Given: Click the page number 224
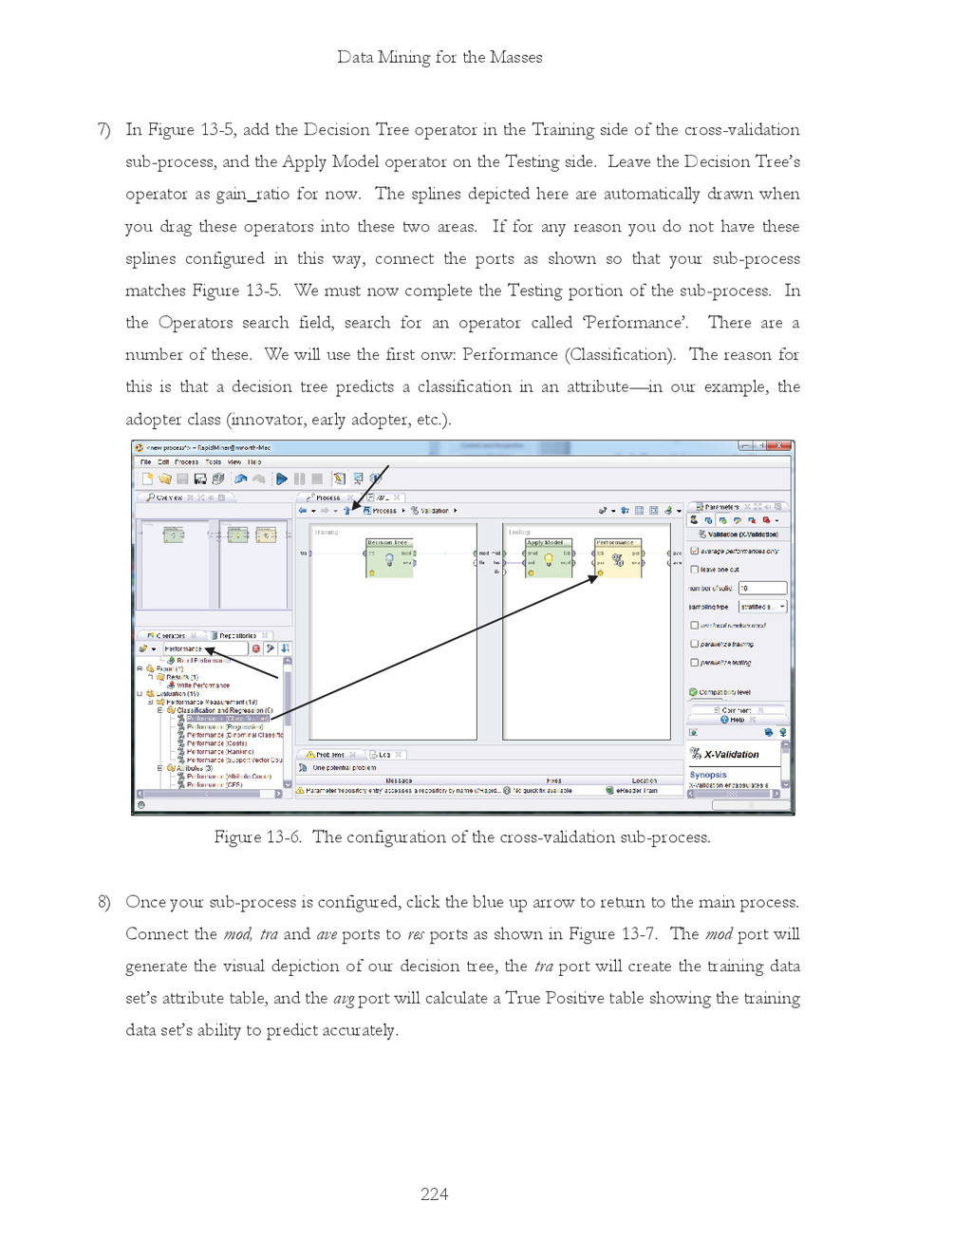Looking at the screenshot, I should pyautogui.click(x=434, y=1194).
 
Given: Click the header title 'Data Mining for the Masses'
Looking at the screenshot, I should pyautogui.click(x=439, y=57).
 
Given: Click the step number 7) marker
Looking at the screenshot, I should pyautogui.click(x=103, y=130).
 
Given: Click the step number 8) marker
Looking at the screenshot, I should pyautogui.click(x=103, y=902).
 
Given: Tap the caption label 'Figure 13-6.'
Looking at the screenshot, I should pyautogui.click(x=257, y=837).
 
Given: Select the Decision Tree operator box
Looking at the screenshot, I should pyautogui.click(x=390, y=558).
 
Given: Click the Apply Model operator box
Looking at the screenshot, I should pyautogui.click(x=548, y=558).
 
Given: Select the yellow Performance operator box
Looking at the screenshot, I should pyautogui.click(x=618, y=558).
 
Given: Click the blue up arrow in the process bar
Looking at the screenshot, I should pyautogui.click(x=346, y=511).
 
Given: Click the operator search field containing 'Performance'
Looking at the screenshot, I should pyautogui.click(x=203, y=649).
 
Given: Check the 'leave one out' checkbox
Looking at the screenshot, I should pyautogui.click(x=695, y=570).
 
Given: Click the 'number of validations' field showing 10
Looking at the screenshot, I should pyautogui.click(x=761, y=588).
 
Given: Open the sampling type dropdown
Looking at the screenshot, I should pyautogui.click(x=762, y=607).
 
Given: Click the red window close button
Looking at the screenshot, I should pyautogui.click(x=780, y=446).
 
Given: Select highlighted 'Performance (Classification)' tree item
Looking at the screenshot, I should pyautogui.click(x=228, y=719).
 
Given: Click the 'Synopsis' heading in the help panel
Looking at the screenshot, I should pyautogui.click(x=708, y=775).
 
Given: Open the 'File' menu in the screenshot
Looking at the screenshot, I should pyautogui.click(x=145, y=462).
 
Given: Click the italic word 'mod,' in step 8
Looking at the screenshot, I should pyautogui.click(x=237, y=934).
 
